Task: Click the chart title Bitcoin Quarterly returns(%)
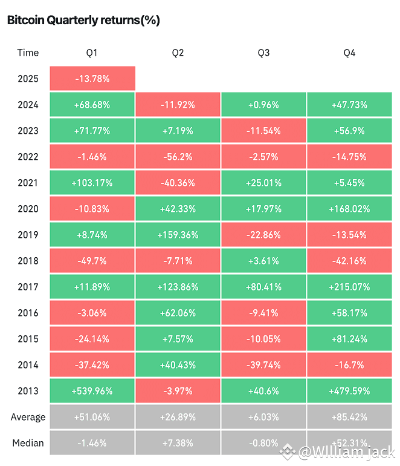click(83, 20)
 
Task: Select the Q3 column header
click(263, 53)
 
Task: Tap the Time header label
click(28, 53)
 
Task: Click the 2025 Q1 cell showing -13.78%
click(92, 79)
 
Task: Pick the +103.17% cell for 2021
click(92, 183)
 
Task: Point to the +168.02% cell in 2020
click(350, 209)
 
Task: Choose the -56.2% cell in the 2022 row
click(178, 157)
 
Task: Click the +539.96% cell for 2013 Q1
click(92, 391)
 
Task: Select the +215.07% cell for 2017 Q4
click(350, 287)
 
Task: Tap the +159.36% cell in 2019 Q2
click(178, 235)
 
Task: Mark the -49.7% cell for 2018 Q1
click(92, 261)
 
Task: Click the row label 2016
click(28, 313)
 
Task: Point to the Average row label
click(28, 417)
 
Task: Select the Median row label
click(28, 443)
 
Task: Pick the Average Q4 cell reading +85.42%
click(350, 417)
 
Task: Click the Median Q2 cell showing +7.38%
click(178, 443)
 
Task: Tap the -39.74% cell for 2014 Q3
click(264, 365)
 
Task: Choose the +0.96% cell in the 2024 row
click(264, 105)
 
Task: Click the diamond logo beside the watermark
click(288, 452)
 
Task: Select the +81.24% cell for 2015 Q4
click(350, 339)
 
